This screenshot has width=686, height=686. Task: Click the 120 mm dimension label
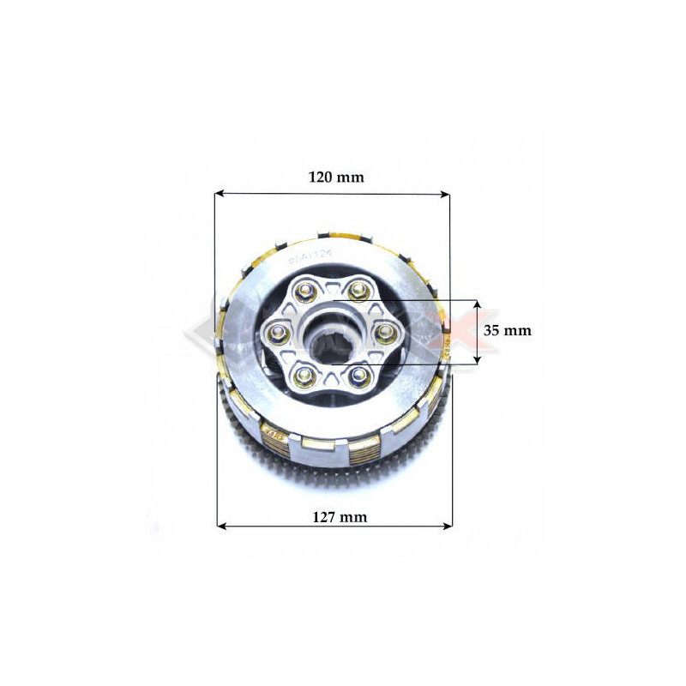336,178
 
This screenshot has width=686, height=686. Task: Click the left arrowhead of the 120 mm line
219,193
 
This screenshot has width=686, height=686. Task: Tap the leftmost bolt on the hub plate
275,331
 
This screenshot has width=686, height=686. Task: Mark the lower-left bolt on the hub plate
301,370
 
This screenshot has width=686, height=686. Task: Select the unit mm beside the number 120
352,178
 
